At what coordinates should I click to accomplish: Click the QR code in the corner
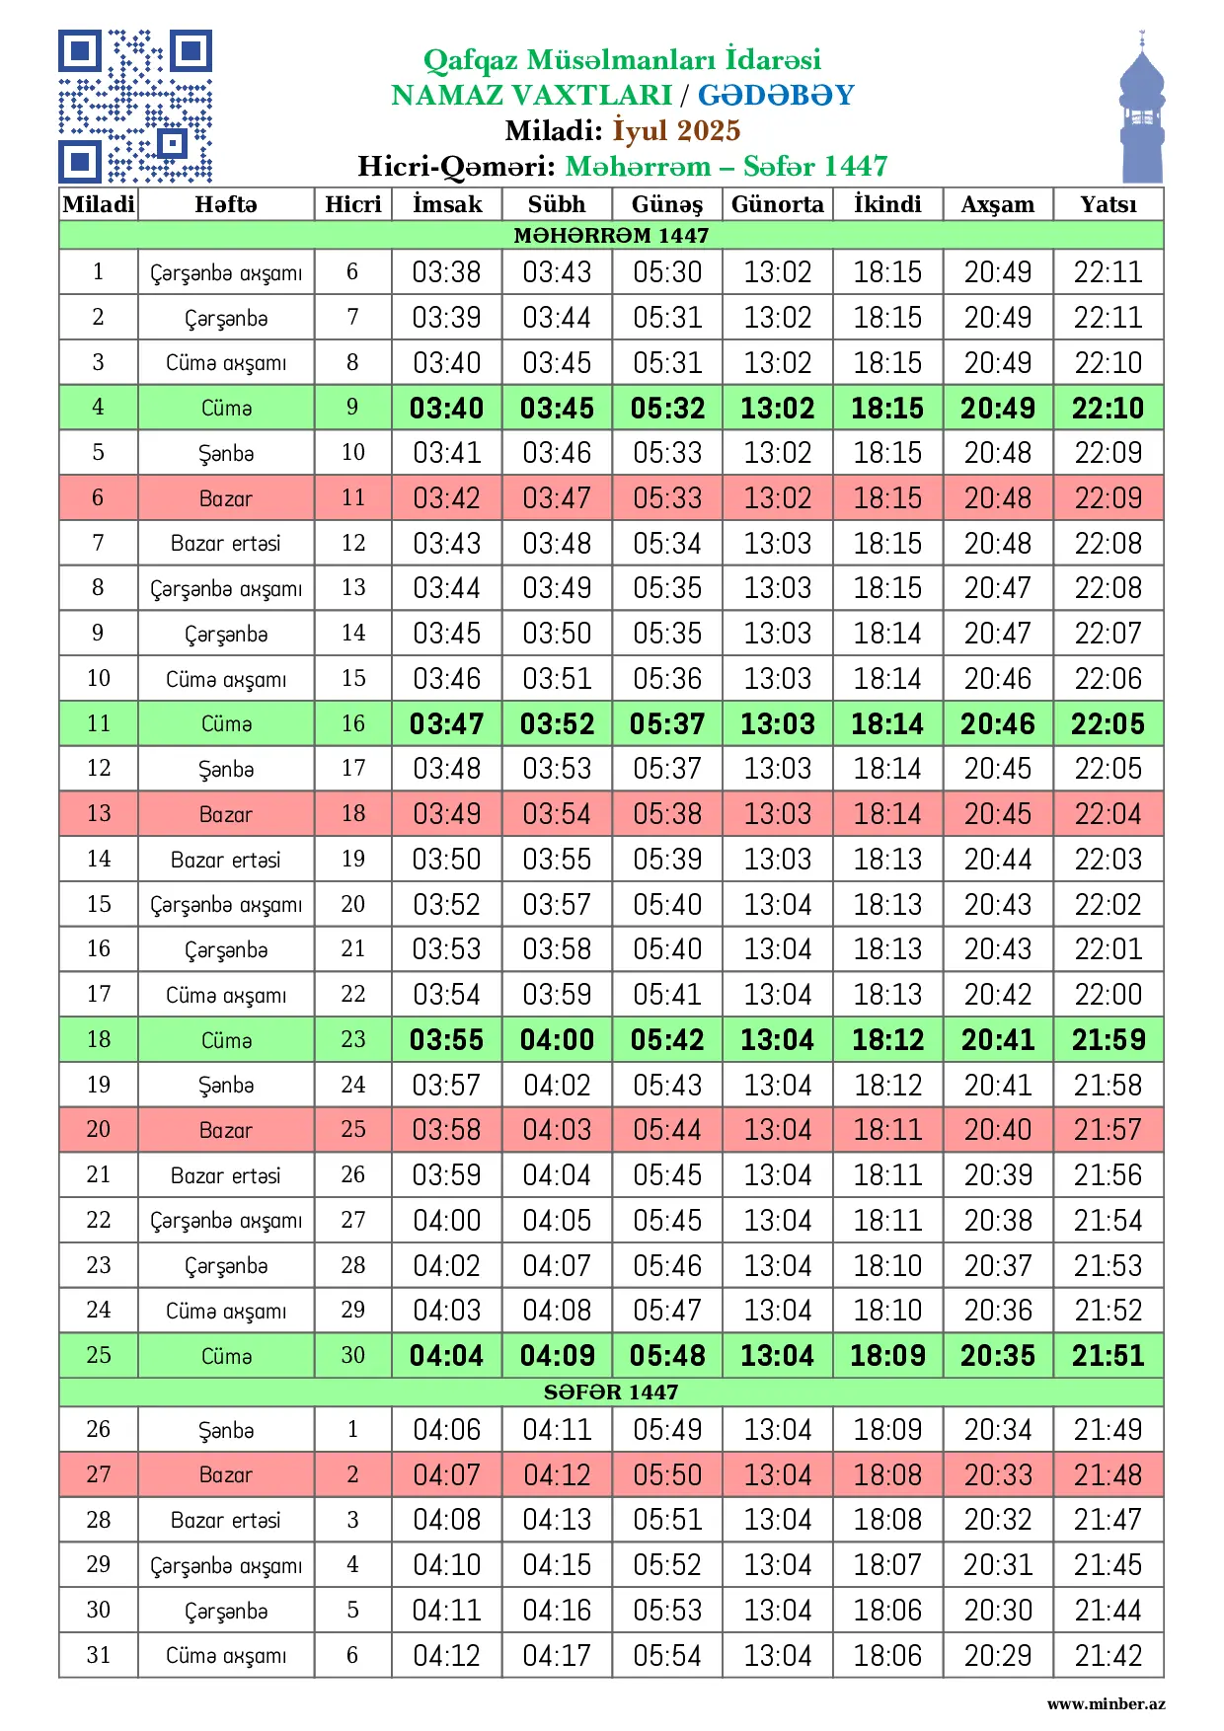tap(135, 107)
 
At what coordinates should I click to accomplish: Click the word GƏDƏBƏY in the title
tap(776, 95)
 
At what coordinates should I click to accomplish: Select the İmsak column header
tap(447, 204)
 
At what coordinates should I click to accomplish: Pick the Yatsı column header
tap(1108, 204)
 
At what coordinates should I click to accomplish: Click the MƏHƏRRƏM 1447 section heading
tap(611, 235)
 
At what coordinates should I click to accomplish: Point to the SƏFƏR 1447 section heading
tap(611, 1392)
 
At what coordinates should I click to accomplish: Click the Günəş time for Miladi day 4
tap(667, 408)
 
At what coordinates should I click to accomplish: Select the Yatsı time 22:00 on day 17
tap(1108, 994)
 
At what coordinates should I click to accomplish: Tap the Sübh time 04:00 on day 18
tap(557, 1039)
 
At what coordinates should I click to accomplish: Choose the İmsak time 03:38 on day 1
tap(447, 271)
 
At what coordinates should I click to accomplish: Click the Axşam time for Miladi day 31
tap(998, 1655)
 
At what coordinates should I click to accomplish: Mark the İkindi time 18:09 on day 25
tap(887, 1355)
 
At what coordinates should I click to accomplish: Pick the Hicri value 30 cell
tap(352, 1355)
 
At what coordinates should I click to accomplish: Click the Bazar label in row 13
tap(226, 814)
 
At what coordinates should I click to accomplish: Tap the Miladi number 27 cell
tap(98, 1474)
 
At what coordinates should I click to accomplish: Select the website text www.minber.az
tap(1106, 1703)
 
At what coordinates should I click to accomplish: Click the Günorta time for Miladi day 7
tap(777, 543)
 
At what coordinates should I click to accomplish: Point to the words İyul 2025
tap(676, 130)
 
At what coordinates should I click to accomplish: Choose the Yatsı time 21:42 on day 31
tap(1108, 1655)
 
